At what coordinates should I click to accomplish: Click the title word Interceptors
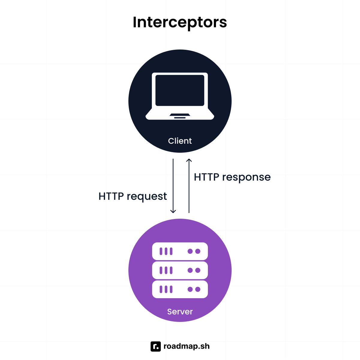coord(180,22)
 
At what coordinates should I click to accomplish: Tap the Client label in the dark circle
coord(180,141)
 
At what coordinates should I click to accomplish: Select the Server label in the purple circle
coord(180,311)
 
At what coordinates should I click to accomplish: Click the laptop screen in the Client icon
coord(180,90)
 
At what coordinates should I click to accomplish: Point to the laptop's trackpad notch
coord(180,115)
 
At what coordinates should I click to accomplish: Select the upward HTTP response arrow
coord(189,186)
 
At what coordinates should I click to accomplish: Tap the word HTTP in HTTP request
coord(111,196)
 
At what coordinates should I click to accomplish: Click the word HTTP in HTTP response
coord(206,177)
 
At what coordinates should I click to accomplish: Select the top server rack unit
coord(180,251)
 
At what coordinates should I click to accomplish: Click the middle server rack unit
coord(180,270)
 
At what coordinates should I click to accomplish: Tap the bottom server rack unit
coord(180,289)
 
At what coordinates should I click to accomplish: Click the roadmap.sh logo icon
coord(156,346)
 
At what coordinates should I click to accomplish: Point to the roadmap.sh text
coord(186,346)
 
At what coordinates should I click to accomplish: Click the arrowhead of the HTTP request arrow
coord(173,211)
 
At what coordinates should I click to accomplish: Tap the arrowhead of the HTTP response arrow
coord(189,160)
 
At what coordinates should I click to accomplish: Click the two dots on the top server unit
coord(194,251)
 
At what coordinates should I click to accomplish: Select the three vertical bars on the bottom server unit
coord(166,289)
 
